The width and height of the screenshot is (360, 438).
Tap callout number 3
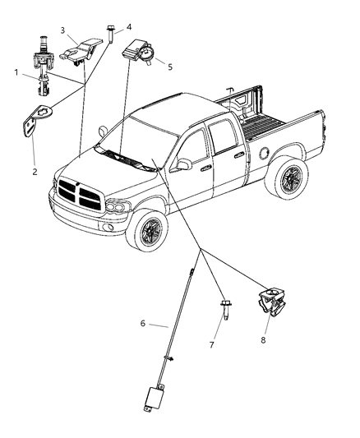(63, 30)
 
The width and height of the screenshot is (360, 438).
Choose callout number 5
(169, 67)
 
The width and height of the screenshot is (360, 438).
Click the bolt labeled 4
(109, 35)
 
